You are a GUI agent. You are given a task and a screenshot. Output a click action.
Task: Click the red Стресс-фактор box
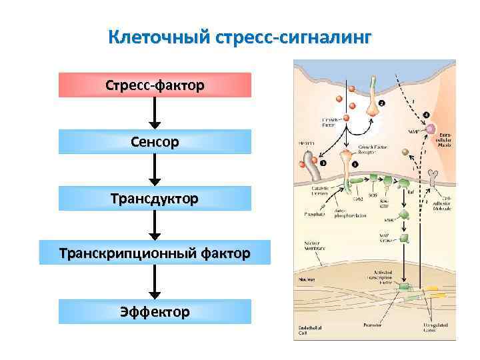point(155,85)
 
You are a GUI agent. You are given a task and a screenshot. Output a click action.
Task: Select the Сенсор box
point(155,141)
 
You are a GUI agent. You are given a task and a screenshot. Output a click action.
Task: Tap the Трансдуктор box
point(155,198)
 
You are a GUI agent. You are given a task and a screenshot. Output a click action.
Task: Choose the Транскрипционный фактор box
point(155,253)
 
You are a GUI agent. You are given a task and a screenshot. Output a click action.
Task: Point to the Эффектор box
point(155,311)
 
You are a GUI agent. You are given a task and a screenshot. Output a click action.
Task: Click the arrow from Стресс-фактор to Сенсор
point(155,113)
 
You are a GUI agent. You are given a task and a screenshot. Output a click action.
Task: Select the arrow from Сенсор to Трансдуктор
point(155,170)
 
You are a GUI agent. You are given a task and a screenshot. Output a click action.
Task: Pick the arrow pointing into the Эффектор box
point(155,283)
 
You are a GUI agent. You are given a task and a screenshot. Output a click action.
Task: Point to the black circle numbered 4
point(427,115)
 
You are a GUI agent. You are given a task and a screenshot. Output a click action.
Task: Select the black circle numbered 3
point(323,163)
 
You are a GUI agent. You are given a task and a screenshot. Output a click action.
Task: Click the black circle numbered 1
point(355,163)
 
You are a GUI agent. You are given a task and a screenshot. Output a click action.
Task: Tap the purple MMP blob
point(432,128)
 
